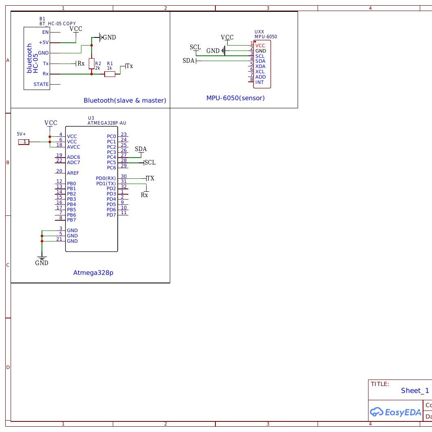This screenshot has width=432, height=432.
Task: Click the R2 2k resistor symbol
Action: point(92,64)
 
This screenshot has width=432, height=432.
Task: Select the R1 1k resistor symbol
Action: point(110,74)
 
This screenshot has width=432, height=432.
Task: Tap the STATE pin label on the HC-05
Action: point(41,84)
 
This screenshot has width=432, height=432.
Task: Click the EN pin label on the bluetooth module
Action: point(45,32)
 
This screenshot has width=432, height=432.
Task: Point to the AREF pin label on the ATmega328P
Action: point(73,173)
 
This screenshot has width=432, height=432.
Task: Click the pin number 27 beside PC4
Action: point(124,155)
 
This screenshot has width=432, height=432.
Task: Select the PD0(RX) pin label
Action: point(106,178)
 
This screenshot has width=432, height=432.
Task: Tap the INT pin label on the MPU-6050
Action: point(259,82)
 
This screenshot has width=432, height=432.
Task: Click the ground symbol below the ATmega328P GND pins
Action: point(42,258)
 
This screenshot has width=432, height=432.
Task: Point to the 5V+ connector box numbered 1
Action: point(24,142)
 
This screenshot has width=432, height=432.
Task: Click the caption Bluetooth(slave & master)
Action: point(125,100)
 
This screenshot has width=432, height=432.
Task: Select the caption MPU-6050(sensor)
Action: point(235,98)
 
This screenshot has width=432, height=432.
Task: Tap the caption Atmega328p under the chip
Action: point(93,273)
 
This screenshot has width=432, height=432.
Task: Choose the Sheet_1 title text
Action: point(415,390)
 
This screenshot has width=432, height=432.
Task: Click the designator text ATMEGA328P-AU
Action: point(107,123)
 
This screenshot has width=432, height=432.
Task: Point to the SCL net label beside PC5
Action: point(150,162)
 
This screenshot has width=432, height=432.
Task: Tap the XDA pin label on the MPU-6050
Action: point(260,66)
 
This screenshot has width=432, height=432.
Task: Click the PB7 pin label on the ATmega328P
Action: point(71,220)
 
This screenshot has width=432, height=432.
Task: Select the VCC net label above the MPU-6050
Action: point(227,37)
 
